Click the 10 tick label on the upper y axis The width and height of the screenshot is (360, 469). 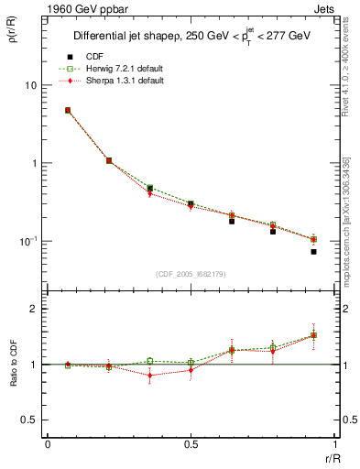(30, 85)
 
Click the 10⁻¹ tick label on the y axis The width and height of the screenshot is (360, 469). (27, 241)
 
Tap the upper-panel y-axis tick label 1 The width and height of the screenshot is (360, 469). (34, 163)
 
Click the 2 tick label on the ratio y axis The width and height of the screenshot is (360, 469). (34, 310)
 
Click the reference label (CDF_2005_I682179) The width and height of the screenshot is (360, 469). (191, 274)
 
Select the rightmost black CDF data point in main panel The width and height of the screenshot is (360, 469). (313, 251)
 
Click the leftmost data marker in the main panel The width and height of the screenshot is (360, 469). (68, 110)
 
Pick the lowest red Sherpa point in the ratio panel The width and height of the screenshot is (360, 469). (149, 376)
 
